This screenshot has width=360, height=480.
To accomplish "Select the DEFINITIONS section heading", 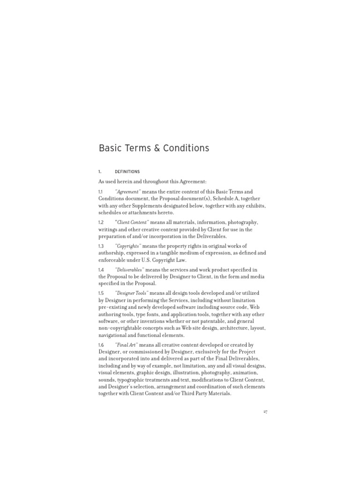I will tap(127, 172).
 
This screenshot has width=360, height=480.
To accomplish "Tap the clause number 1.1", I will tap(100, 192).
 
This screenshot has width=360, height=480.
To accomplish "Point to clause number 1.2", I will tap(101, 222).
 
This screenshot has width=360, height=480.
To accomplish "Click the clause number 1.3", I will tap(101, 246).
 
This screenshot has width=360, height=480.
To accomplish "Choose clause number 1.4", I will tap(101, 270).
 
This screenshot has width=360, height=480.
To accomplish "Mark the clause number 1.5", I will tap(101, 293).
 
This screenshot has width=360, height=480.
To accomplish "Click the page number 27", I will tap(265, 412).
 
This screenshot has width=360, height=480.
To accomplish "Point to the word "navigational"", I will tap(114, 335).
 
